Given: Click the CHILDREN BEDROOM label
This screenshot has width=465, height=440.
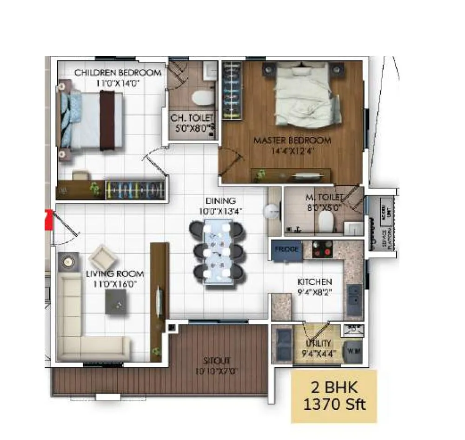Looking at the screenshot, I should (118, 73).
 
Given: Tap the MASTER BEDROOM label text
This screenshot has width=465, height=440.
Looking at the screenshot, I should (292, 140).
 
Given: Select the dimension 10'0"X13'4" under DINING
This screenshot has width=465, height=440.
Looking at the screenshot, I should (221, 211).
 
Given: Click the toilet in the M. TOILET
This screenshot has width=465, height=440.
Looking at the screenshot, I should (327, 223).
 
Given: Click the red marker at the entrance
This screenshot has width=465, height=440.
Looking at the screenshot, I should (47, 220).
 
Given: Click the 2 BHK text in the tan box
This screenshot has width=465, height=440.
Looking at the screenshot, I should (333, 387).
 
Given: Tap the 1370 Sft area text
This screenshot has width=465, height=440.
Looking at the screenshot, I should (334, 404).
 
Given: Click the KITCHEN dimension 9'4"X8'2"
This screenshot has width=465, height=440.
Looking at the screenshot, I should (315, 293).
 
